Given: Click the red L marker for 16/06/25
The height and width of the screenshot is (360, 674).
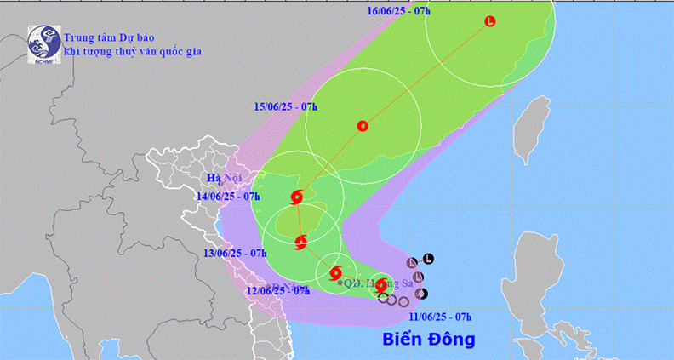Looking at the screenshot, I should point(489,21).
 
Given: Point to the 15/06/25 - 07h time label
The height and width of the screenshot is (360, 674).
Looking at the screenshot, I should point(286,106).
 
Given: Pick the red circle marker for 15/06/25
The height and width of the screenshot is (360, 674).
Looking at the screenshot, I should point(363,126).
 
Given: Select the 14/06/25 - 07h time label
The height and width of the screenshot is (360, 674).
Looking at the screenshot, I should point(227,196).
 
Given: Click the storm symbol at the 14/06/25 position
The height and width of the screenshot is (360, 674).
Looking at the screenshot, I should point(296,197).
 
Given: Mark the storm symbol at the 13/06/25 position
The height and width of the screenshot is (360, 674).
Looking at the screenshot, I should point(300,243).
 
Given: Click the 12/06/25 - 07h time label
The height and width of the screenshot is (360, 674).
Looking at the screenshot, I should point(277,290).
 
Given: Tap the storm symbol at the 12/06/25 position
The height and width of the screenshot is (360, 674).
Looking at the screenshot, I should point(333,273).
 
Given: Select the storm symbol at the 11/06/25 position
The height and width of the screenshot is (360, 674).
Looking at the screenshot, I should point(381,287).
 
